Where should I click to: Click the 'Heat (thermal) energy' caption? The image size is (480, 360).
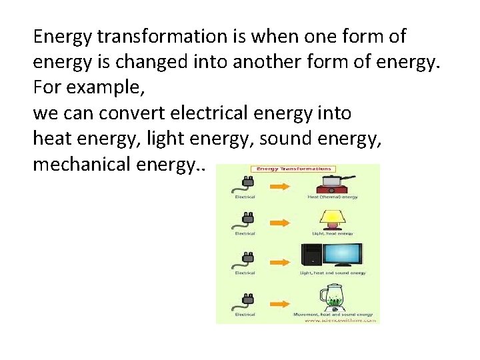332,197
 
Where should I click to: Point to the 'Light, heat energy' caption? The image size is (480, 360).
332,233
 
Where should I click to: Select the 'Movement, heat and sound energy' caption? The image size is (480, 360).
333,314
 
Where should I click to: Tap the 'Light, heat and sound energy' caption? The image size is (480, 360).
332,273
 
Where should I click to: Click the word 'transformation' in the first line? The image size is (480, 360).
141,36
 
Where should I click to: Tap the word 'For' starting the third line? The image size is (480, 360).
45,88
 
